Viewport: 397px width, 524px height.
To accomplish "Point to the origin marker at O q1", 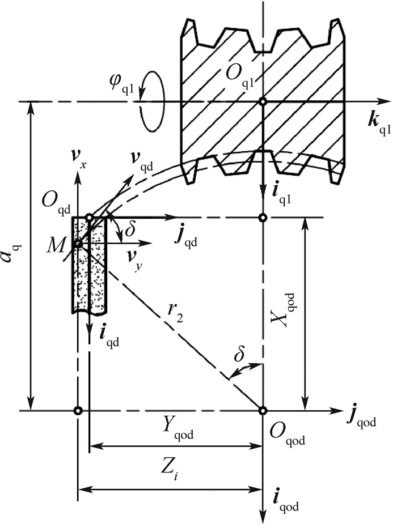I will pos(263,101).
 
